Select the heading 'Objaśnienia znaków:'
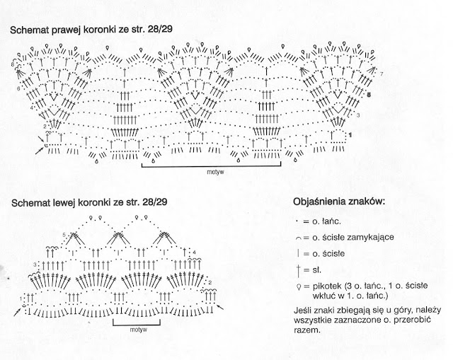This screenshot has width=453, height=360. click(338, 202)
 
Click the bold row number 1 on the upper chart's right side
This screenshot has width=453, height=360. click(351, 133)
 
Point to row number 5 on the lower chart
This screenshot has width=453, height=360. click(64, 234)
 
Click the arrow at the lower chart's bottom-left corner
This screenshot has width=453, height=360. click(16, 309)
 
